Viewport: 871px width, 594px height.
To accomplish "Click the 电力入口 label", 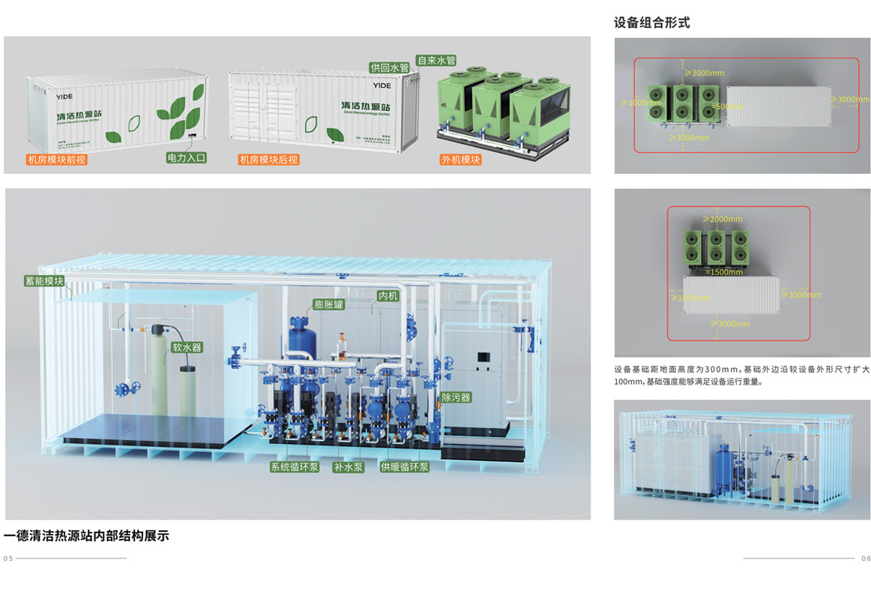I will [x=186, y=158].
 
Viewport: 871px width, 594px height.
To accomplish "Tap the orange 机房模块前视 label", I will [x=56, y=160].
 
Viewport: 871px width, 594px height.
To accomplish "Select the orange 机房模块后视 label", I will [x=268, y=160].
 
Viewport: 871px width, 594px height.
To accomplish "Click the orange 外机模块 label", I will [x=460, y=160].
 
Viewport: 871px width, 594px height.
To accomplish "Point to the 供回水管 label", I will [x=389, y=67].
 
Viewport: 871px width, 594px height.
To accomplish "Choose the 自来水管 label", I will [x=436, y=61].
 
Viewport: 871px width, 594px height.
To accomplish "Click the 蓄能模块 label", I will [x=44, y=281].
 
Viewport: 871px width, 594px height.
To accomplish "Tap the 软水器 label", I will [x=187, y=348].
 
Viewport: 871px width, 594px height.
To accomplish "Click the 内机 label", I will [x=388, y=296].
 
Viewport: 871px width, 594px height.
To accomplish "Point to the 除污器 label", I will [x=456, y=397].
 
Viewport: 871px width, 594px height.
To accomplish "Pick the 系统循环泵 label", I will [x=295, y=467].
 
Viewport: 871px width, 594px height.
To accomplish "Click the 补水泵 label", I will [x=349, y=467].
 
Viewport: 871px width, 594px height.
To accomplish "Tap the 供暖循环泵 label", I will [x=405, y=467].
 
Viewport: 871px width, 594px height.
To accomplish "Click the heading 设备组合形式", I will [x=651, y=23].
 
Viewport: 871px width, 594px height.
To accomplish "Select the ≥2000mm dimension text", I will [x=723, y=219].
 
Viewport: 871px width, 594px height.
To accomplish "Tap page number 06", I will [x=866, y=559].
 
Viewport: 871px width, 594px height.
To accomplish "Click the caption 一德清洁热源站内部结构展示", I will [x=86, y=536].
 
